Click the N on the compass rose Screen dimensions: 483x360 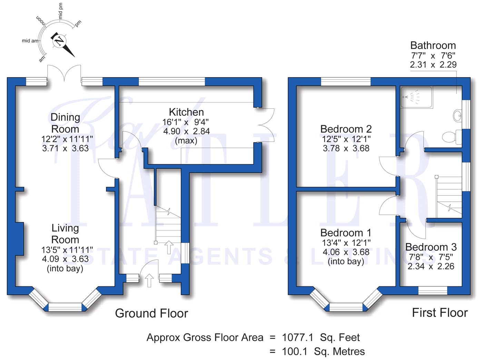coord(59,41)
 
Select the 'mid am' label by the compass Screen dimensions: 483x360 coord(30,40)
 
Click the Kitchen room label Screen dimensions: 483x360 coord(186,112)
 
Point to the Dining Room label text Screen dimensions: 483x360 coord(65,123)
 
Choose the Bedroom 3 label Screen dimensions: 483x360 coord(431,247)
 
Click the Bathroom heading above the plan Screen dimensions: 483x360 coord(433,46)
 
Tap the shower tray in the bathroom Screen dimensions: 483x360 coord(417,97)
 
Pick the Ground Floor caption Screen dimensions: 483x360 coord(151,313)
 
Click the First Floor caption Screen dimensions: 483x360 coord(440,313)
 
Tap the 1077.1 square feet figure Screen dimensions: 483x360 coord(321,338)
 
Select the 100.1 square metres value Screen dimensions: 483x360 coord(323,351)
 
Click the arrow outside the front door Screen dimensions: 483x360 coord(149,280)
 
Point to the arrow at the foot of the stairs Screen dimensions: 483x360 coord(169,247)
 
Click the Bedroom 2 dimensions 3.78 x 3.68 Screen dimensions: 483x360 coord(346,148)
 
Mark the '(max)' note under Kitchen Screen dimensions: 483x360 coord(186,140)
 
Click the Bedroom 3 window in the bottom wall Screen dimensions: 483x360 coord(433,291)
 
